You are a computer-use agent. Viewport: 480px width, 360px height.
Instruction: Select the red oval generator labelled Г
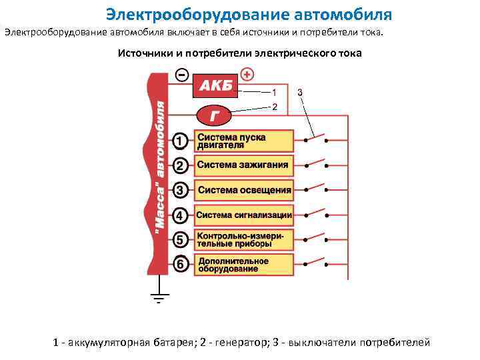coord(213,115)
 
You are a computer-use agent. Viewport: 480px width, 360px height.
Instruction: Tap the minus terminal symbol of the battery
coord(182,75)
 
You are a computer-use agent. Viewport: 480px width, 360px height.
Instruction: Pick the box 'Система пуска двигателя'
coord(244,141)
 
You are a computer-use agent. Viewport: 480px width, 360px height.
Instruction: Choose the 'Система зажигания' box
coord(244,165)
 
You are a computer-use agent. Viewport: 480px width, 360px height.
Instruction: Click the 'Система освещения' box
coord(244,190)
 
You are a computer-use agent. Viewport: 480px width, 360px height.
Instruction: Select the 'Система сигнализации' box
coord(244,215)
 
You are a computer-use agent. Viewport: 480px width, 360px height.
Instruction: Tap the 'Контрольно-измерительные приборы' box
coord(244,239)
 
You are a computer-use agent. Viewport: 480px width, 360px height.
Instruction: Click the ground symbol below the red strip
coord(159,297)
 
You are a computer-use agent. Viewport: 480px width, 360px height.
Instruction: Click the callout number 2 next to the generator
coord(274,107)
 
